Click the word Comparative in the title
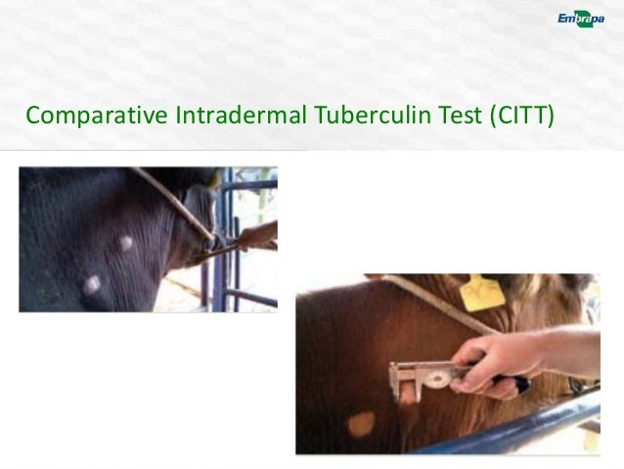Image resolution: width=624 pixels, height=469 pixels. (98, 118)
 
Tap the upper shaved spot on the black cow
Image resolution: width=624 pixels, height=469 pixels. (126, 244)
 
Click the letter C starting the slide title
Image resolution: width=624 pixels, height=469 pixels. (34, 118)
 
